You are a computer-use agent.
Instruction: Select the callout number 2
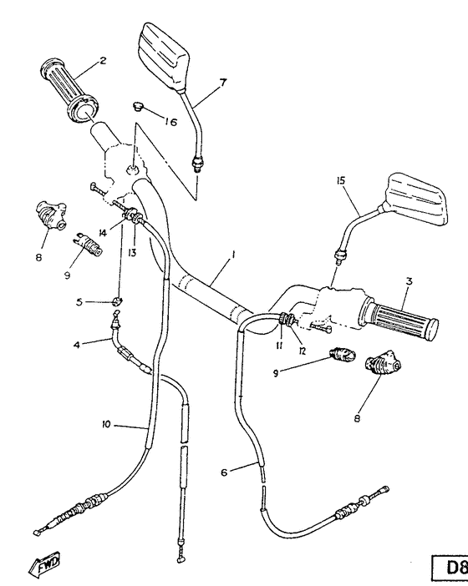(103, 61)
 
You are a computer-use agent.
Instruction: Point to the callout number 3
(408, 283)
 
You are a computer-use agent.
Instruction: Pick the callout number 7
(223, 82)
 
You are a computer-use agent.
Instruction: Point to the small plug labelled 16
(138, 108)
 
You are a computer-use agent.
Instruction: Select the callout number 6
(224, 472)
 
